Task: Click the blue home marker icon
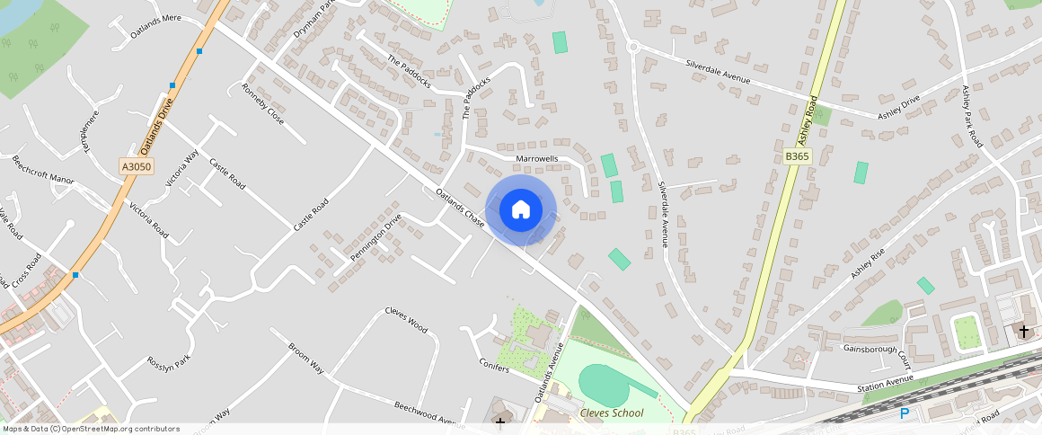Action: pos(520,210)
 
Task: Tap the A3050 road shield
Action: pos(137,166)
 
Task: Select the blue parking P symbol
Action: pos(905,413)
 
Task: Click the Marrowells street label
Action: pos(537,159)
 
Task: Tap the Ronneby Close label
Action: pos(262,104)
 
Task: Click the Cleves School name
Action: pos(612,413)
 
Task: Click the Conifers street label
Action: pos(495,368)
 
